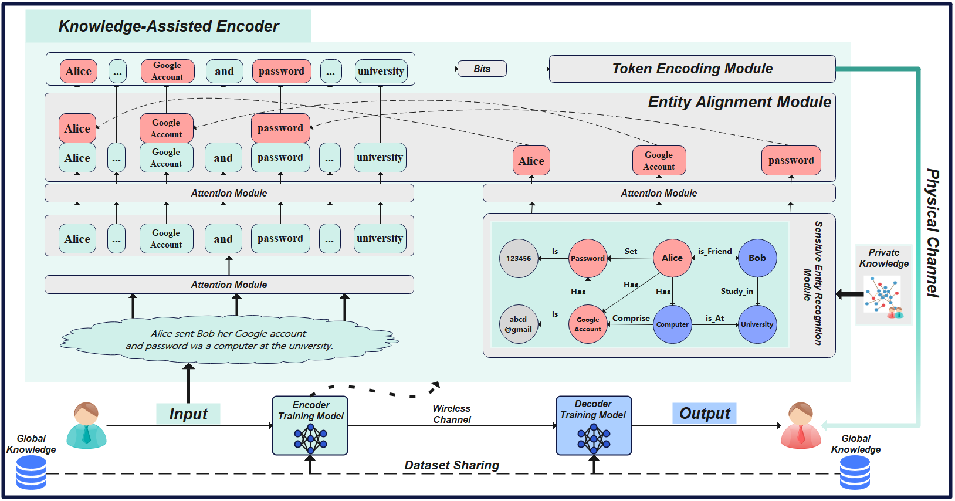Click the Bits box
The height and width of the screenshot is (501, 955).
tap(482, 69)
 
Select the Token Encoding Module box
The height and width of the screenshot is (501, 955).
tap(692, 69)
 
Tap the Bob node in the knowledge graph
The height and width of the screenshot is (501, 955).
tap(757, 258)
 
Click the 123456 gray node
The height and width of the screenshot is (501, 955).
tap(519, 258)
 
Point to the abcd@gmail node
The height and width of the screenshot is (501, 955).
tap(519, 324)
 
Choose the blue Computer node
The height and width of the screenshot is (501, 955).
tap(672, 324)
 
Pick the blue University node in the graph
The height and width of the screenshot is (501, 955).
tap(757, 324)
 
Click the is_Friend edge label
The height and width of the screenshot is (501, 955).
tap(714, 251)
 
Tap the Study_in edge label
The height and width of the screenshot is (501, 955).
tap(737, 291)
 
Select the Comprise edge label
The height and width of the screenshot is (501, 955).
tap(631, 318)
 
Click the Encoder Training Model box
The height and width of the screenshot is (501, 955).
tap(310, 425)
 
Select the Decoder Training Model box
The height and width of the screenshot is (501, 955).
tap(594, 425)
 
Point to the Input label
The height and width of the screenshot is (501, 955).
tap(188, 414)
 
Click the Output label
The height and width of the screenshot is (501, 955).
tap(705, 413)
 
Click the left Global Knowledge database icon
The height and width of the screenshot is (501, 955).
tap(31, 472)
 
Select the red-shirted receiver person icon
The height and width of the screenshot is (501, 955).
tap(801, 425)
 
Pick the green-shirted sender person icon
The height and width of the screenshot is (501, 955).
tap(87, 425)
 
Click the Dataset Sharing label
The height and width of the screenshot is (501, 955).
tap(452, 465)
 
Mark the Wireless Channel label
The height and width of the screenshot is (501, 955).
tap(452, 414)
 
